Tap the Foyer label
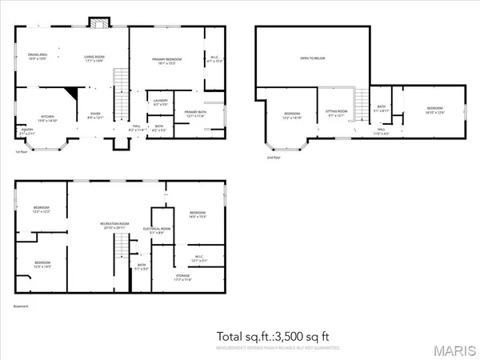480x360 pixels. tap(95, 114)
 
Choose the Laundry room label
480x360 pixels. tap(160, 102)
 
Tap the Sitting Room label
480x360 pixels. tap(336, 113)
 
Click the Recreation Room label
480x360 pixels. tap(115, 224)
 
